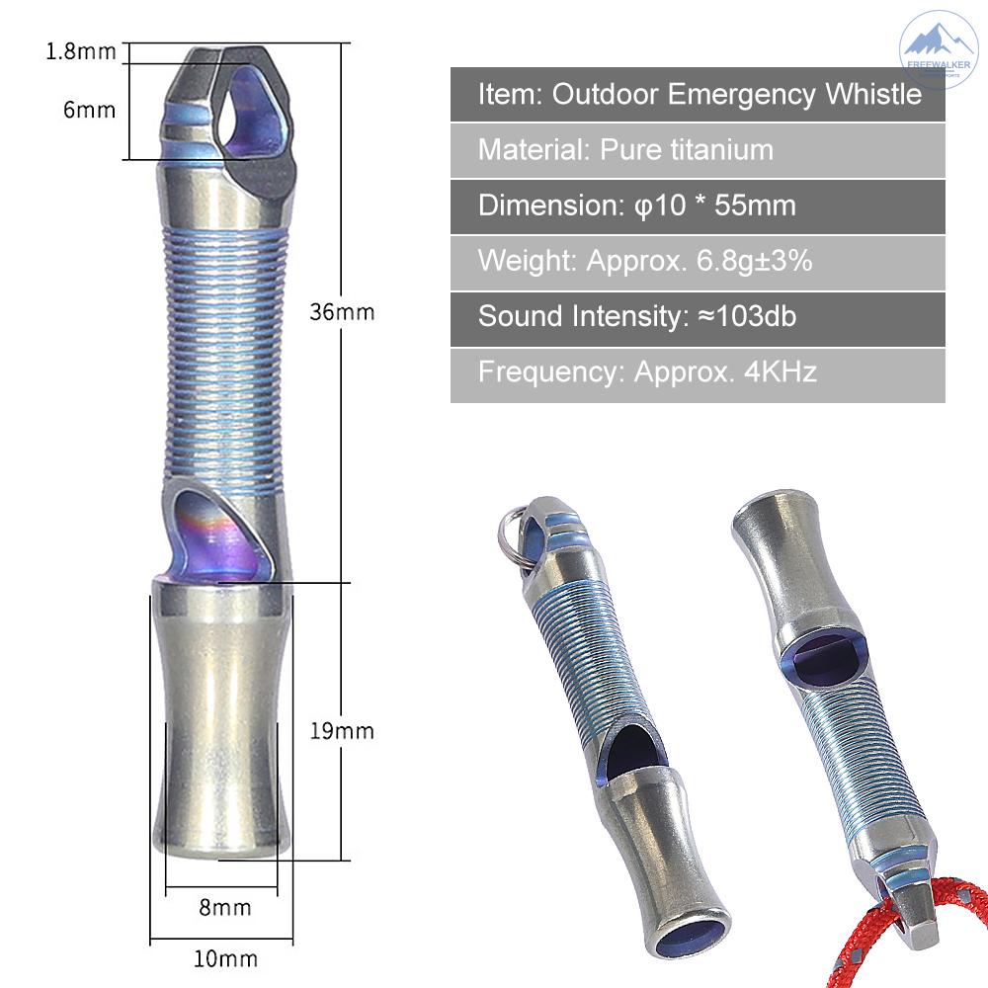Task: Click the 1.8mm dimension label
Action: click(x=81, y=51)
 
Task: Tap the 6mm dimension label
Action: click(x=89, y=109)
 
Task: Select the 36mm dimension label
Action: click(x=342, y=312)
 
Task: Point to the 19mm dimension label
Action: click(x=342, y=731)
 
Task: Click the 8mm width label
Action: click(x=224, y=906)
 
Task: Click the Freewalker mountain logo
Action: click(x=939, y=49)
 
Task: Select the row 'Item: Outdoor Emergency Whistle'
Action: click(x=698, y=95)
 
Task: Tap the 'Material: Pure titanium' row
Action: click(x=698, y=150)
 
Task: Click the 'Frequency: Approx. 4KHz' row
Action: click(x=698, y=373)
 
